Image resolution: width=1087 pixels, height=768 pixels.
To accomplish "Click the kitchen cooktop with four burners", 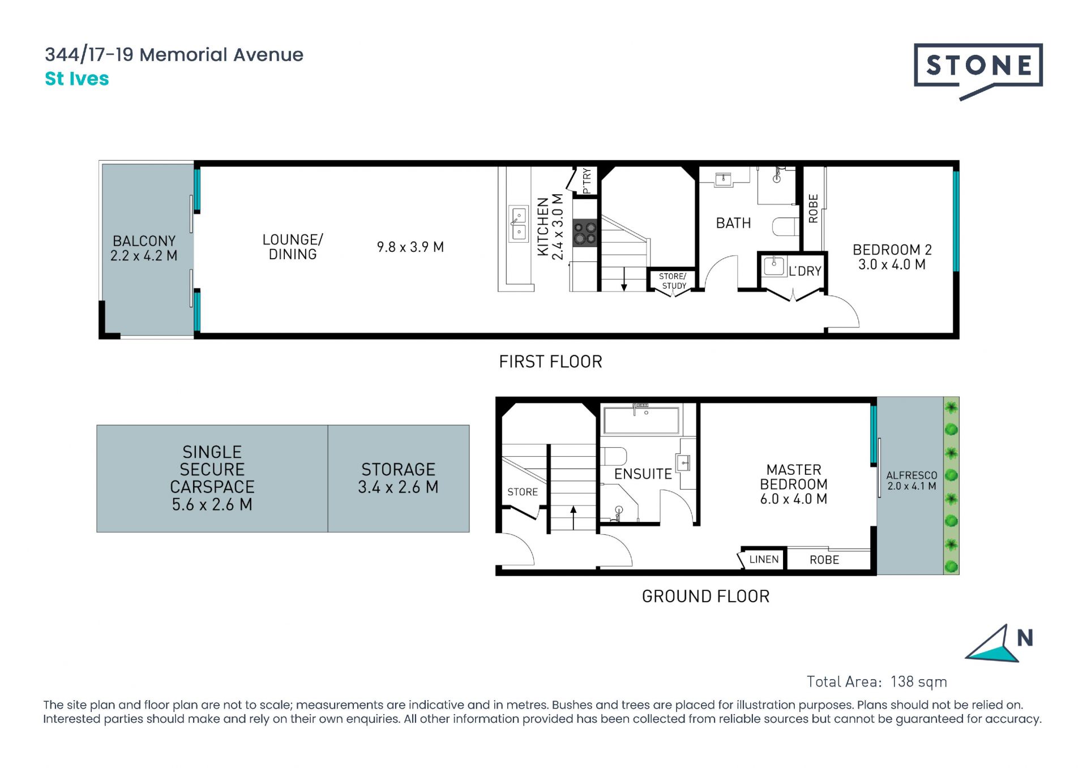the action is pos(585,233).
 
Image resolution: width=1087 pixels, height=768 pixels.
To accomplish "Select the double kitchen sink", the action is pos(519,224).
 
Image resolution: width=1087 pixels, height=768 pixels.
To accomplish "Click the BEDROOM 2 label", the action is pos(892,257).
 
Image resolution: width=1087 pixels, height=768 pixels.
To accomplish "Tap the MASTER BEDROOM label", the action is pos(794,484).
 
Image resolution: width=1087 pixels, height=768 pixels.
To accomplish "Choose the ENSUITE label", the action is pos(643,474).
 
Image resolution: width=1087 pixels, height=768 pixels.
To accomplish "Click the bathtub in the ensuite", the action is pos(641,420).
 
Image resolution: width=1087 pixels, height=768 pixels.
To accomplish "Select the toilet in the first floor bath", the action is pos(785,226).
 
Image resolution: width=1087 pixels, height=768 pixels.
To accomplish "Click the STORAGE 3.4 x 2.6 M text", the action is pos(398,478).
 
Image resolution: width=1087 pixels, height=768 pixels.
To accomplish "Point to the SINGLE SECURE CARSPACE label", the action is pos(212,478).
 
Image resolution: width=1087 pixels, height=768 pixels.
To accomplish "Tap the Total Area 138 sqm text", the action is pos(876,681).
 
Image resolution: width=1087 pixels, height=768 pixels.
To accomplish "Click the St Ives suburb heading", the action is pos(77,79).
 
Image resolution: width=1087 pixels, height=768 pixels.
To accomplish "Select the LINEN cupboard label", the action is pos(764,559).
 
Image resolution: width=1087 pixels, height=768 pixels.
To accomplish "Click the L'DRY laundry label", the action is pos(804,271).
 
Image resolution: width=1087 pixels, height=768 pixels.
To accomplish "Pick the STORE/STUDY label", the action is pos(673,281).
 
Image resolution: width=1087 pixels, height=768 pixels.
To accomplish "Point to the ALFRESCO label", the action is pos(911,480).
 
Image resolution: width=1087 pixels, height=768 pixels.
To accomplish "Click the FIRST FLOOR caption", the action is pos(550,362).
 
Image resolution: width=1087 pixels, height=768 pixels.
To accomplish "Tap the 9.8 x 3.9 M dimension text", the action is pos(410,247).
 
